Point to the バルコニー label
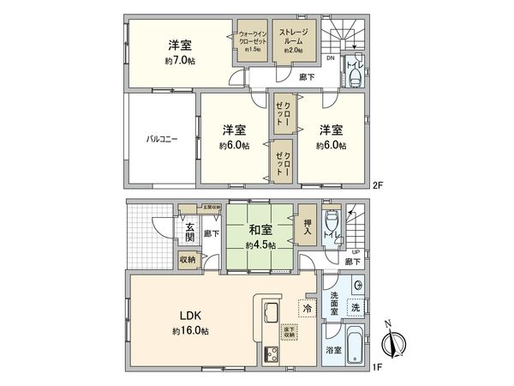pos(161,139)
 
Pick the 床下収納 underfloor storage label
pos(289,330)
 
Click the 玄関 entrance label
pos(188,232)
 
